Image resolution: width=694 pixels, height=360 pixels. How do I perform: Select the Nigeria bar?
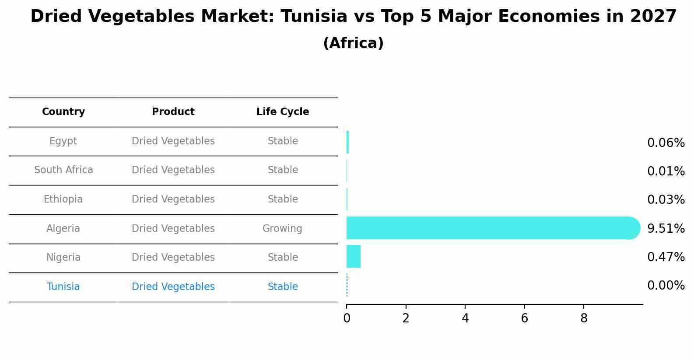354,256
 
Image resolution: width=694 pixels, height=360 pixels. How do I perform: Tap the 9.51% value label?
666,228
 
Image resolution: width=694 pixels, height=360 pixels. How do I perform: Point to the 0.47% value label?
666,257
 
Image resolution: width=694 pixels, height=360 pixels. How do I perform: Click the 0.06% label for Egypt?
666,143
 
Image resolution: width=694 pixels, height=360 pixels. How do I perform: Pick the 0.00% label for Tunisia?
666,286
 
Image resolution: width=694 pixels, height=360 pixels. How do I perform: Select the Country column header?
63,112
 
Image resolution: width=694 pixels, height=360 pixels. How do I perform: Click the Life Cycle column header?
283,112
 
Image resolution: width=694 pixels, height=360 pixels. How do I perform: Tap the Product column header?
173,112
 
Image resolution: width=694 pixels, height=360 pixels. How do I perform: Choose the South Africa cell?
63,170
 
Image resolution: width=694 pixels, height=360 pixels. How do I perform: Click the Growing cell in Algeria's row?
282,228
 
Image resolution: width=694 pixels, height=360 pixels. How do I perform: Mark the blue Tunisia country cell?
63,287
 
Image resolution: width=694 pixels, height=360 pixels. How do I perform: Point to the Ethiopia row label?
63,199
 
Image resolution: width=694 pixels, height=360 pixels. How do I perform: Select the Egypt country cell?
63,141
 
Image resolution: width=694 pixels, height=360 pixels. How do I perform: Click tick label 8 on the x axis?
584,318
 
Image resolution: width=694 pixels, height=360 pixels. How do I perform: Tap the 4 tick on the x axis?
465,318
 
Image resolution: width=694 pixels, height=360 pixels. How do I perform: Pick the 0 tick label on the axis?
347,318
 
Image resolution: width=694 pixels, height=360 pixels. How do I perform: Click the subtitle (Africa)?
353,43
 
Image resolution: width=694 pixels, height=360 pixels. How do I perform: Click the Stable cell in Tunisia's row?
283,287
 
